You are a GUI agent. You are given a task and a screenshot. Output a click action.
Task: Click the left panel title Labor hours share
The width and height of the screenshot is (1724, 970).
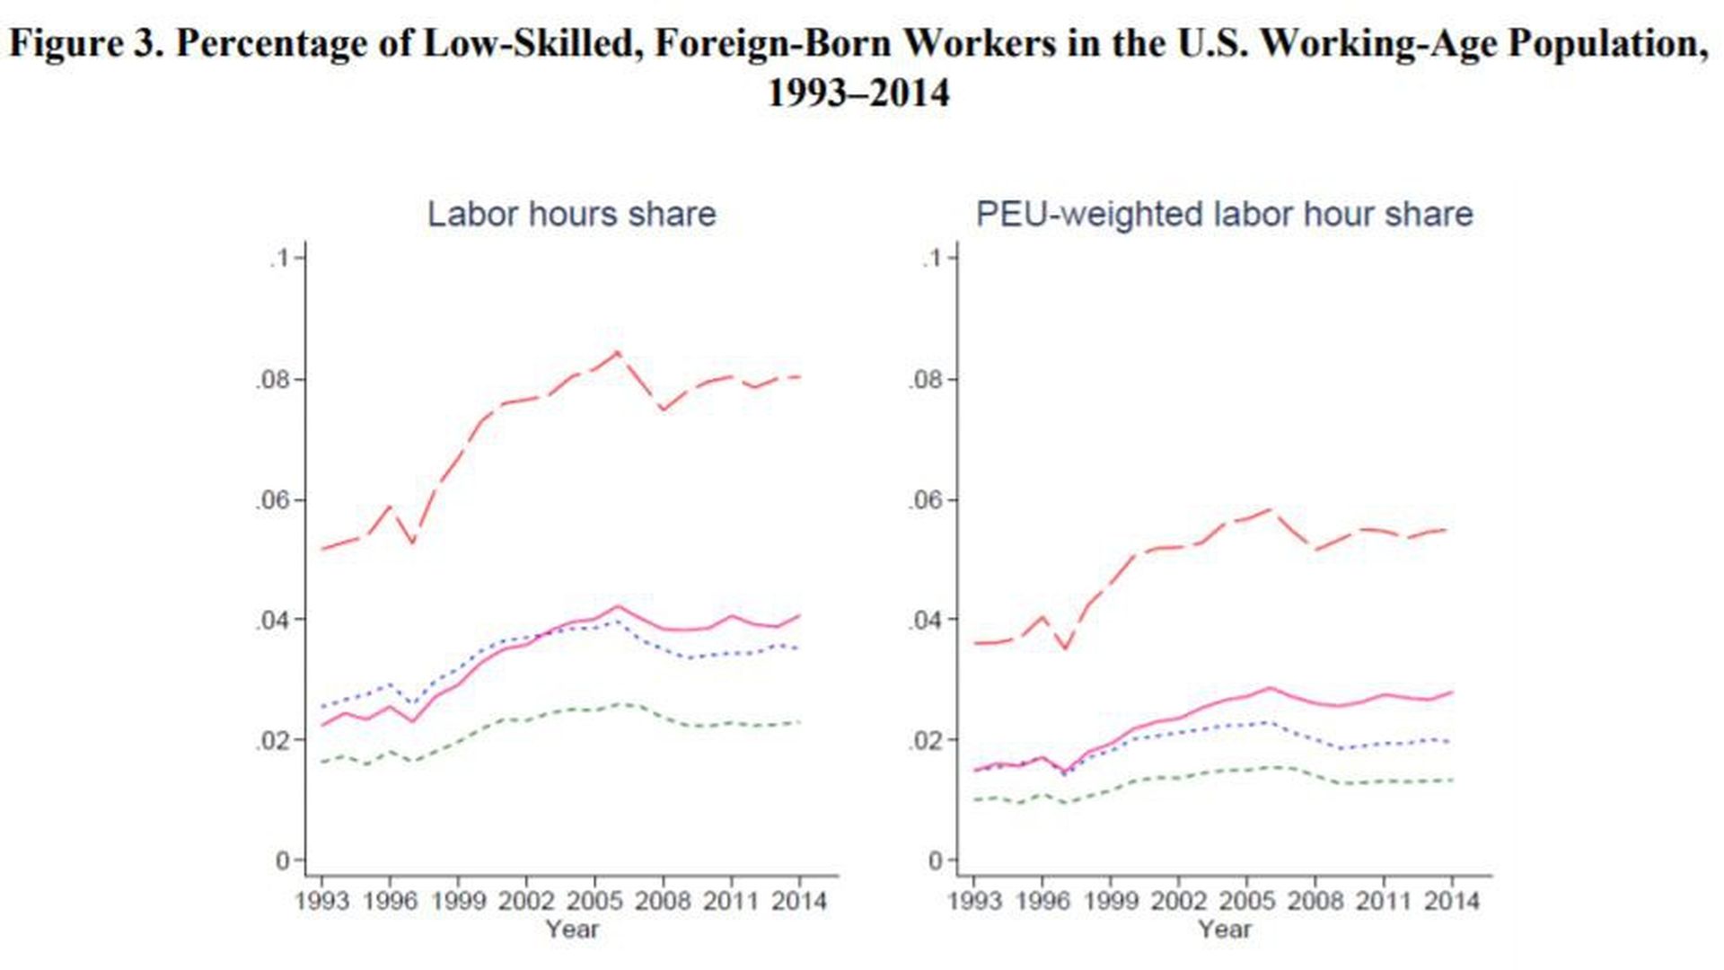click(571, 215)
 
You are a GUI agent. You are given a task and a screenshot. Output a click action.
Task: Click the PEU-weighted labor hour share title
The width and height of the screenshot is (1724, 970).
click(1224, 215)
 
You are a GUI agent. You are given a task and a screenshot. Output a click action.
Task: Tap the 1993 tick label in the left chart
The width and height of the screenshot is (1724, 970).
click(321, 901)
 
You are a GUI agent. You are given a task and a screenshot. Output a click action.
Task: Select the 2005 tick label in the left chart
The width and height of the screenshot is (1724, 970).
click(594, 901)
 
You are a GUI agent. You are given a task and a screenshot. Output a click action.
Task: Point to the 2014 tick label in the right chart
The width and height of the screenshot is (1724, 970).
click(1452, 901)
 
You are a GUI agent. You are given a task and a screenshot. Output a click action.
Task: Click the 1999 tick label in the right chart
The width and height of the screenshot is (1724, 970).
click(1111, 901)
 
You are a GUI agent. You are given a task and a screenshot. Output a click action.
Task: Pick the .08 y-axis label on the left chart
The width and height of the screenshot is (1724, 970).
click(273, 380)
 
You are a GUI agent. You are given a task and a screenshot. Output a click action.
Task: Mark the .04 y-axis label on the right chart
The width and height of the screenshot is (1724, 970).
click(926, 621)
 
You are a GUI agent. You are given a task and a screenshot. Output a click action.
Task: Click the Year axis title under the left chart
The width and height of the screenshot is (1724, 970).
click(572, 930)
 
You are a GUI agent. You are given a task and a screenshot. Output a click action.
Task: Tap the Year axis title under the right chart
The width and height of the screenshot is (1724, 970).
click(1224, 930)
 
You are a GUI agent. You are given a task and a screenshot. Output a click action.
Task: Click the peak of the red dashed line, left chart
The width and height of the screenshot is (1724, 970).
click(617, 352)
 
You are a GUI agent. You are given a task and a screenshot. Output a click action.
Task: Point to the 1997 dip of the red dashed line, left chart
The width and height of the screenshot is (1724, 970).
click(413, 542)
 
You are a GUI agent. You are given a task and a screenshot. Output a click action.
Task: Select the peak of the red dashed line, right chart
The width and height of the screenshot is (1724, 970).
click(1270, 509)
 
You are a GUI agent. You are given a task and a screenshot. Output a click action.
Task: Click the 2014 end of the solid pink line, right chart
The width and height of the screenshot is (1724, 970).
click(1452, 692)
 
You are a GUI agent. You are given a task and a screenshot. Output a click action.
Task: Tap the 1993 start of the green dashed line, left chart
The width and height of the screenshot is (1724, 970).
click(322, 762)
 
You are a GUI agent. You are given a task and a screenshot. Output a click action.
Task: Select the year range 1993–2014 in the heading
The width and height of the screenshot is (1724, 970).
click(858, 93)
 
